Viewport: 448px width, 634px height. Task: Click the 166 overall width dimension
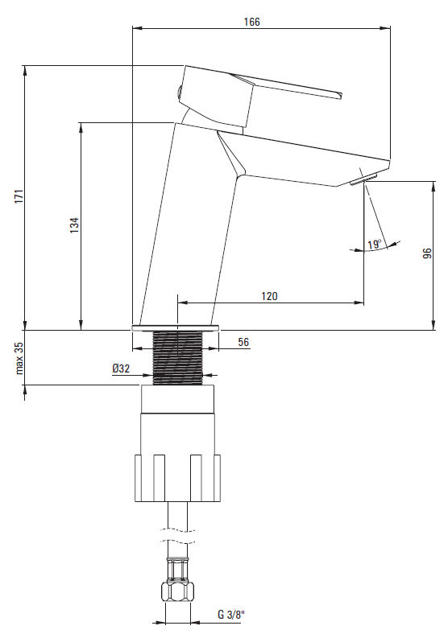253,22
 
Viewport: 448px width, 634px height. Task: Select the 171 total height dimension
19,196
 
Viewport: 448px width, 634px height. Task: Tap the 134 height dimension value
73,226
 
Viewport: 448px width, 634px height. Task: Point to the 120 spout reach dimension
269,296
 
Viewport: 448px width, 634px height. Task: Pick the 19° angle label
374,245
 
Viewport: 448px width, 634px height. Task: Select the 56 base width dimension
243,343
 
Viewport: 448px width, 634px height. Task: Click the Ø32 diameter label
121,369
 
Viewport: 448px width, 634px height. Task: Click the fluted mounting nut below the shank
176,477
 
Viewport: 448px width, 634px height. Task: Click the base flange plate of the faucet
176,328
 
